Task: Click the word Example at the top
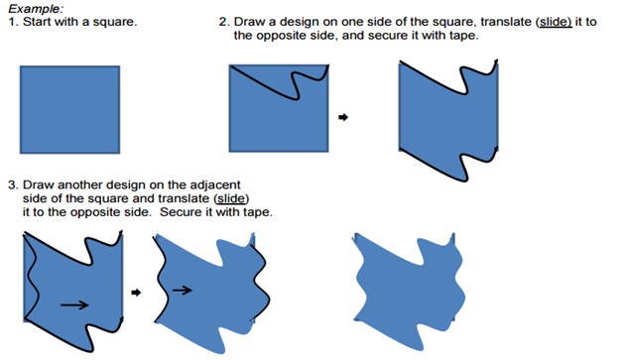pyautogui.click(x=35, y=9)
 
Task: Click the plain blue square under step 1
pyautogui.click(x=70, y=109)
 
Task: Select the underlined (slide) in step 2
pyautogui.click(x=554, y=22)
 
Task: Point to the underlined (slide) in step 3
pyautogui.click(x=231, y=198)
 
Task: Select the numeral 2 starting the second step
pyautogui.click(x=222, y=22)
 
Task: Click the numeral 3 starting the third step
pyautogui.click(x=12, y=185)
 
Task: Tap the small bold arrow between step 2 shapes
pyautogui.click(x=343, y=117)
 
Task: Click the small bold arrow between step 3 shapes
pyautogui.click(x=136, y=293)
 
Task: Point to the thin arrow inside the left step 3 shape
pyautogui.click(x=74, y=305)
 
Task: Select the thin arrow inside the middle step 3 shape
pyautogui.click(x=183, y=290)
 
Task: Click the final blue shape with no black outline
pyautogui.click(x=409, y=292)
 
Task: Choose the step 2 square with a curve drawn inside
pyautogui.click(x=279, y=108)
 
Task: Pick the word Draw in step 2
pyautogui.click(x=245, y=22)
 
